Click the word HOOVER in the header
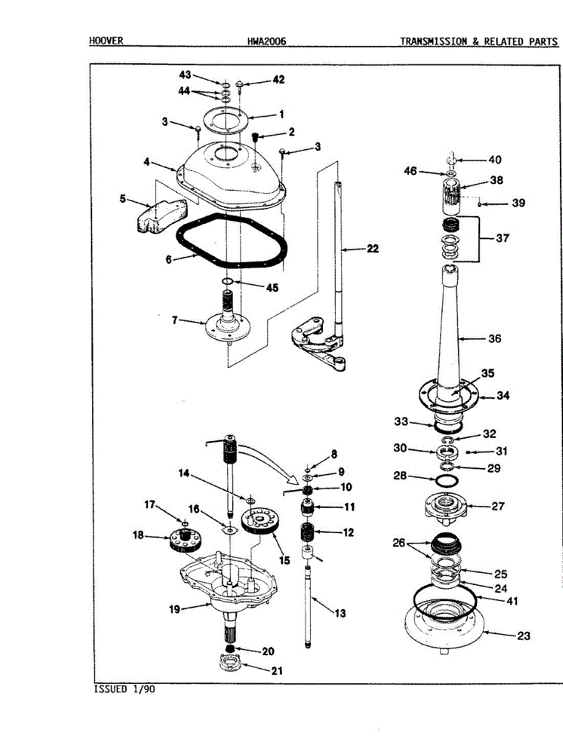[106, 41]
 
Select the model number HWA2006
[266, 42]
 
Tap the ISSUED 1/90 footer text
[124, 689]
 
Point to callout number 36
[494, 339]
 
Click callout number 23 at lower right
[523, 636]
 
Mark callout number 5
[123, 199]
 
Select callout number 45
[271, 288]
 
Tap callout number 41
[511, 601]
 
